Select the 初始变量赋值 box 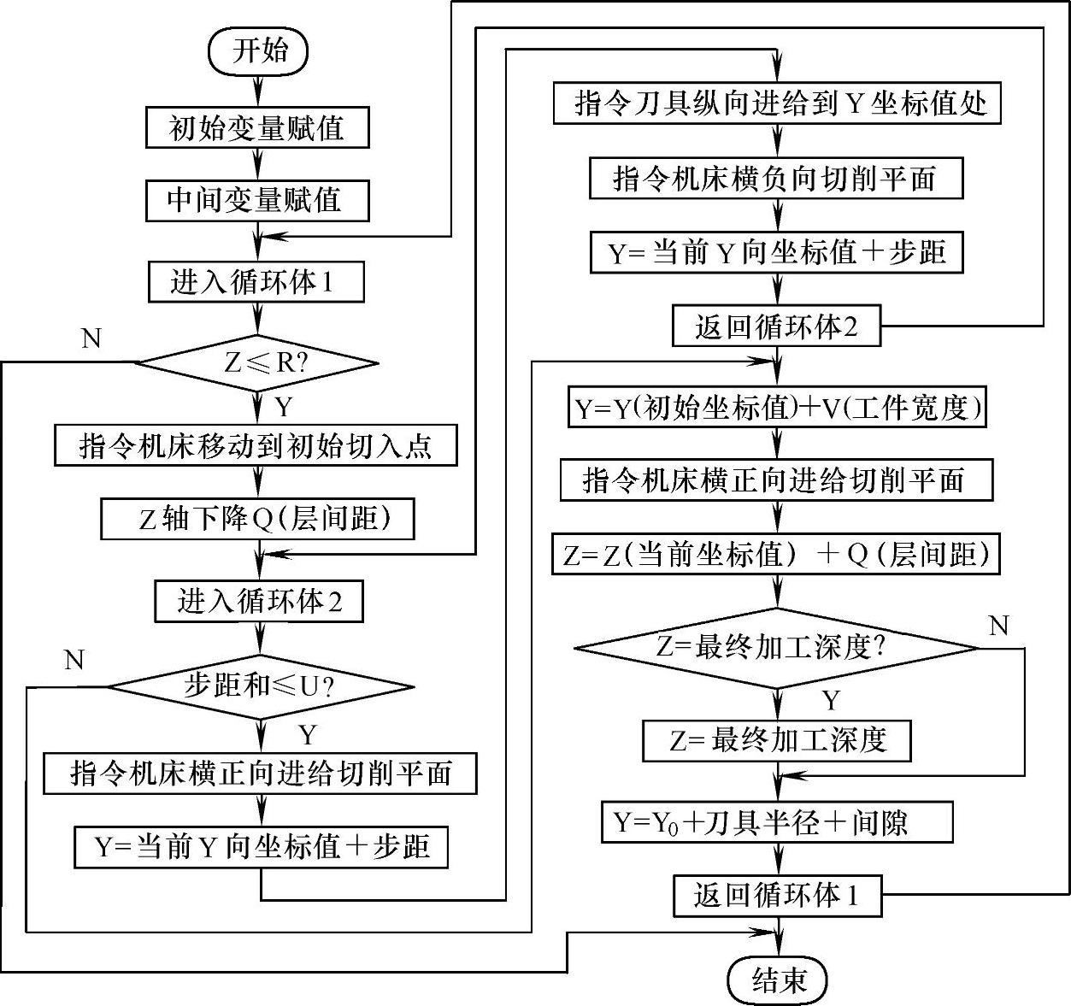pyautogui.click(x=257, y=128)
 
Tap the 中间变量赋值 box pyautogui.click(x=256, y=201)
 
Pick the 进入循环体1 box pyautogui.click(x=256, y=282)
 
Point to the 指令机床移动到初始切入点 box pyautogui.click(x=256, y=445)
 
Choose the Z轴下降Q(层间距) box pyautogui.click(x=257, y=519)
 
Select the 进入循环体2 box pyautogui.click(x=259, y=601)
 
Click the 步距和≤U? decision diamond pyautogui.click(x=260, y=686)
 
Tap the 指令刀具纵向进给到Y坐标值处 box pyautogui.click(x=776, y=104)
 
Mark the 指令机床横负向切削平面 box pyautogui.click(x=776, y=179)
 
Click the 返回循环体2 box pyautogui.click(x=776, y=326)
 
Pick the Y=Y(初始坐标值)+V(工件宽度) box pyautogui.click(x=776, y=408)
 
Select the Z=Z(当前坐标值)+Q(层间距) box pyautogui.click(x=776, y=554)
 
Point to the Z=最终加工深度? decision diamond pyautogui.click(x=776, y=647)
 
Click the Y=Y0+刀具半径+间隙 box pyautogui.click(x=776, y=822)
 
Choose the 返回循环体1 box pyautogui.click(x=776, y=895)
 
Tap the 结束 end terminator pyautogui.click(x=778, y=980)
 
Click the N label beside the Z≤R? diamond pyautogui.click(x=91, y=339)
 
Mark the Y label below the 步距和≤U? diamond pyautogui.click(x=307, y=735)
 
